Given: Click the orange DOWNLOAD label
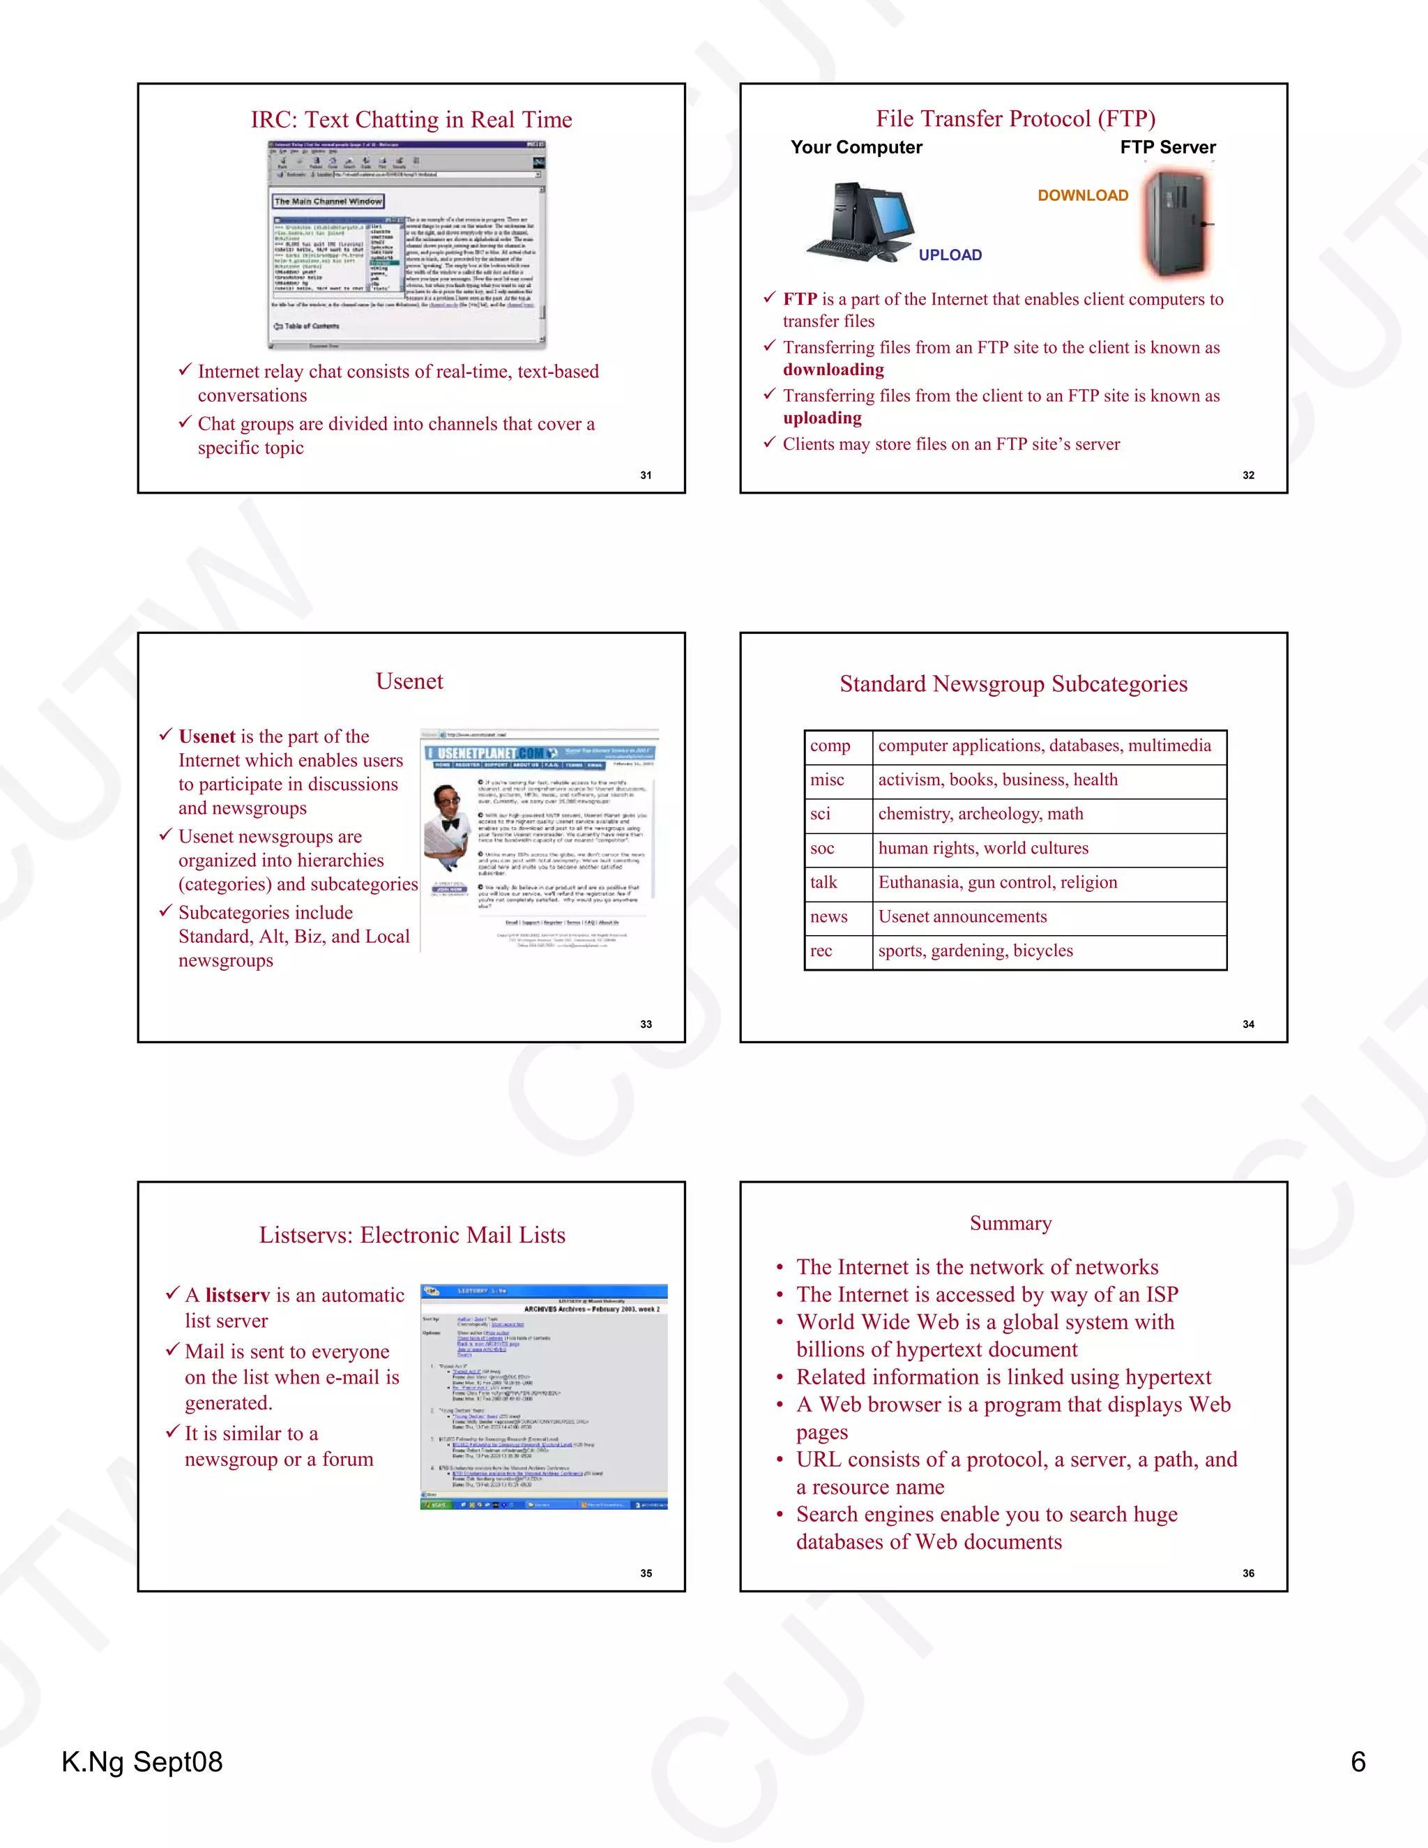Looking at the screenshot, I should (x=1083, y=195).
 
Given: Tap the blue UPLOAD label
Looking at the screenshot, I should (x=950, y=255).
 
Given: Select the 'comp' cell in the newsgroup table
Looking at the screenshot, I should (x=830, y=745).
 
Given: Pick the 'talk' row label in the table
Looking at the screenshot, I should (x=823, y=883).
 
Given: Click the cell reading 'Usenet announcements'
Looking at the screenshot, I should (x=962, y=916).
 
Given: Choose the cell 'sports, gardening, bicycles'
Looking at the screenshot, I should (x=975, y=951).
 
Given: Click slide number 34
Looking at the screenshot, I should (x=1248, y=1024).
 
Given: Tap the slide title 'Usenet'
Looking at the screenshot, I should (x=409, y=681).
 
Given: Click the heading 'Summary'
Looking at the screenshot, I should (x=1011, y=1224).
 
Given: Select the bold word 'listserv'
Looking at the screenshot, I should (x=238, y=1296).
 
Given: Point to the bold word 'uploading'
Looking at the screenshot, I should (x=822, y=418).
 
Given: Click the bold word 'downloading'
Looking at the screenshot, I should (x=833, y=370).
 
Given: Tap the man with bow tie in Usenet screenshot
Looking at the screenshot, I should (x=448, y=825).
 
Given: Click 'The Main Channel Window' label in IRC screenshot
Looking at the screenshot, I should (x=328, y=202).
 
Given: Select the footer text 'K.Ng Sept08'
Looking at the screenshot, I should (x=142, y=1762).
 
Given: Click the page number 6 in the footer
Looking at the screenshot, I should (x=1358, y=1762).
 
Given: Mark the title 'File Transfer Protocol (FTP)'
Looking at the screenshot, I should (x=1015, y=119).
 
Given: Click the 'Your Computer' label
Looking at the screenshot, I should (x=856, y=147).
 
